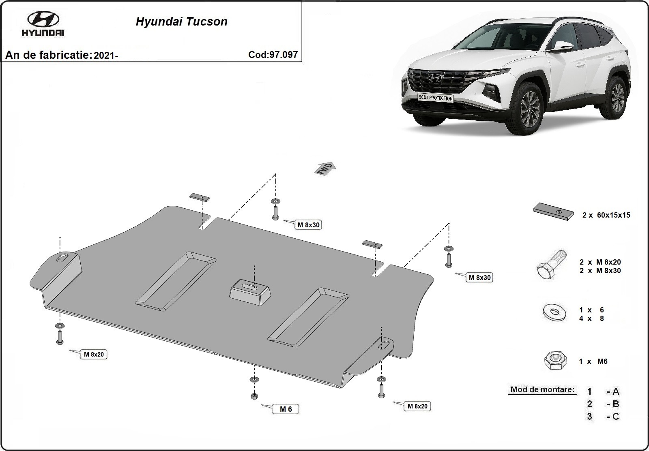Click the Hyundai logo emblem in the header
[43, 19]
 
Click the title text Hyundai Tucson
[181, 21]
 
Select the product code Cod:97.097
[273, 55]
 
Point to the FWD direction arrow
[325, 169]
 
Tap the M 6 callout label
[286, 409]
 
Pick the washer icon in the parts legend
[554, 313]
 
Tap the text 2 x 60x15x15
[606, 215]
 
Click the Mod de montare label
[542, 390]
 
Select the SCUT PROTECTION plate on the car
[435, 98]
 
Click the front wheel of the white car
[529, 109]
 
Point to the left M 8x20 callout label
[94, 354]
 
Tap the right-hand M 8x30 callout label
[479, 278]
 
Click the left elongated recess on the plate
[176, 278]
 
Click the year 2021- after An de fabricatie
[105, 56]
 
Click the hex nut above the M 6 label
[254, 396]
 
